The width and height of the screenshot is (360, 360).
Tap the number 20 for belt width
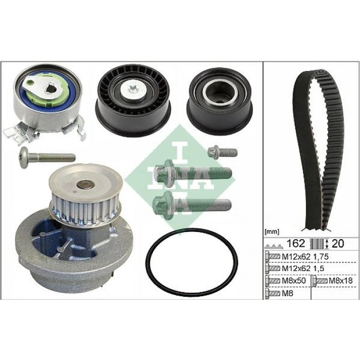tap(337, 243)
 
